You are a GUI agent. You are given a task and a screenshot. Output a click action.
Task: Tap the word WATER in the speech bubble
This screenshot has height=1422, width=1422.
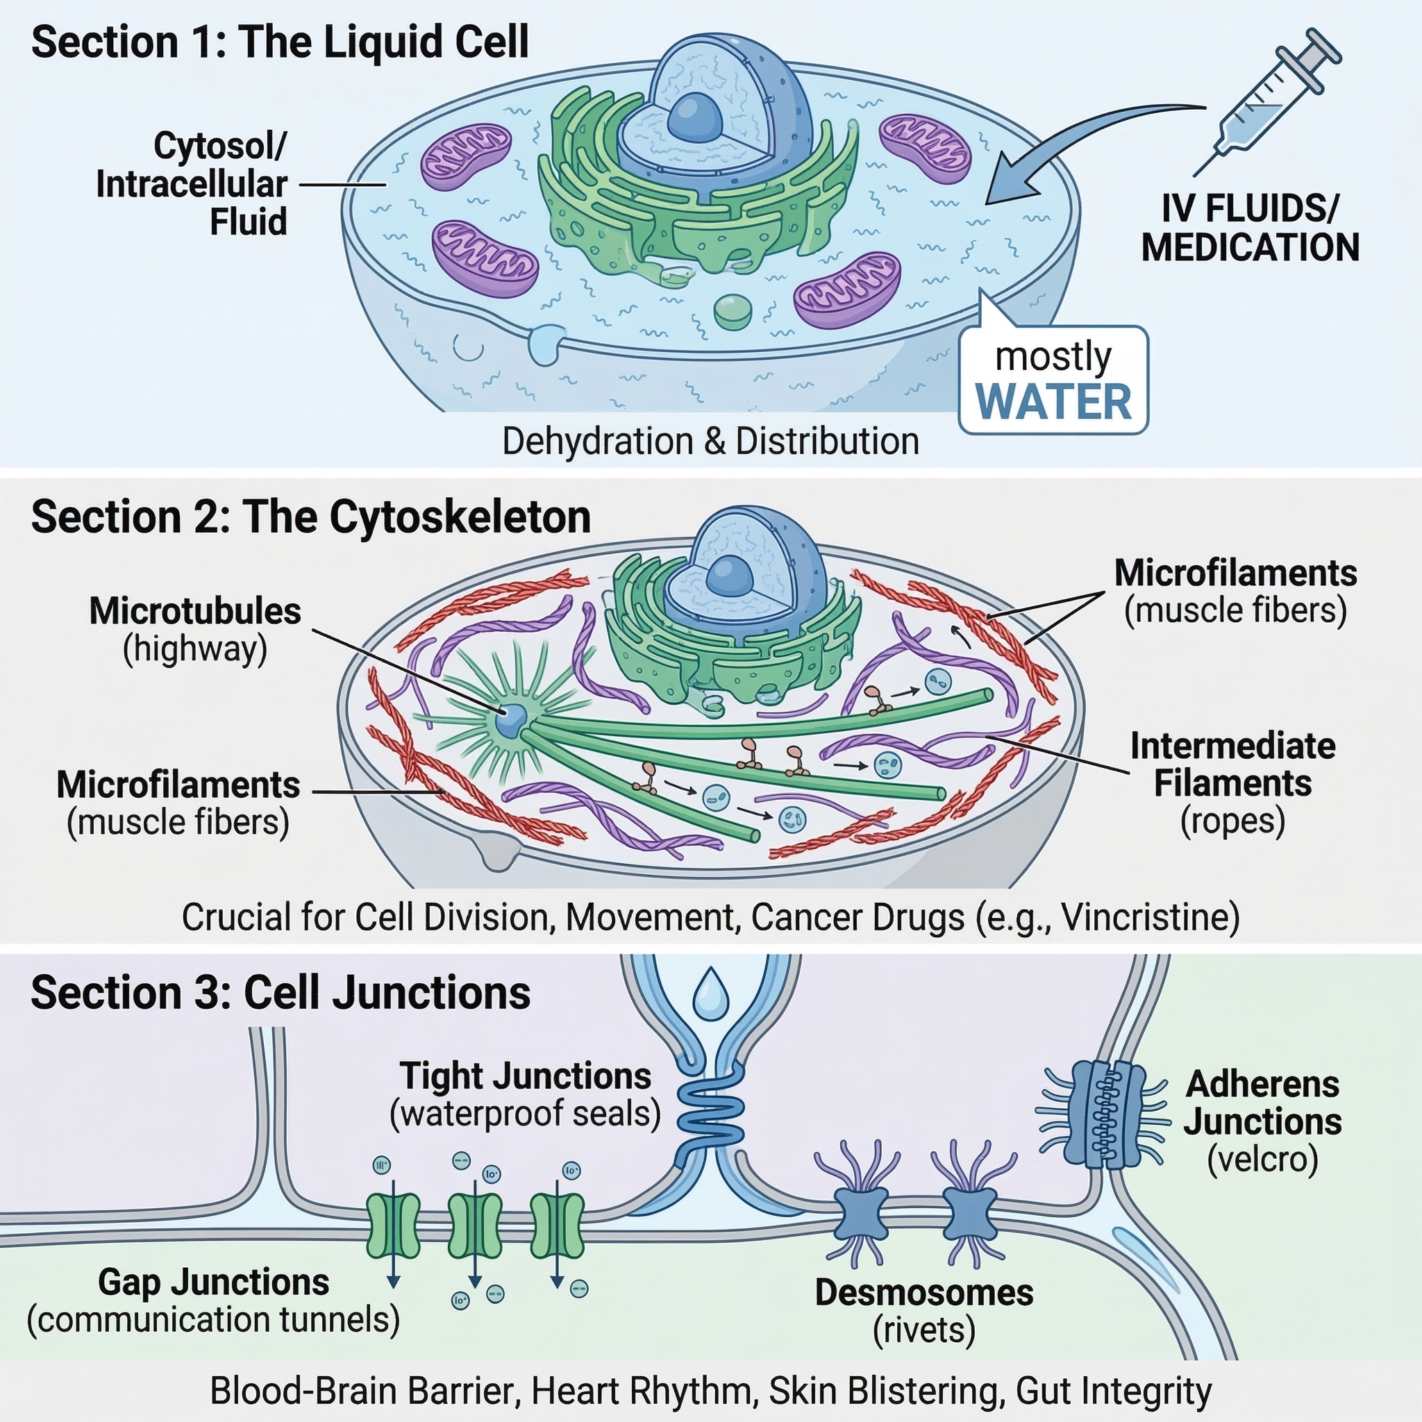click(1053, 403)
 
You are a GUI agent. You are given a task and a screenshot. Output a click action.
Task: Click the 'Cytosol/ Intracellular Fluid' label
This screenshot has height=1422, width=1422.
click(192, 184)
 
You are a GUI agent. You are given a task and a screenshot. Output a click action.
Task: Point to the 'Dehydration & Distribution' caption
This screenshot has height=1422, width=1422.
click(710, 442)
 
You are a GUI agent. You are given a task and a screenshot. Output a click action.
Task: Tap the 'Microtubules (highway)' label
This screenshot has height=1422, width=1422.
click(195, 630)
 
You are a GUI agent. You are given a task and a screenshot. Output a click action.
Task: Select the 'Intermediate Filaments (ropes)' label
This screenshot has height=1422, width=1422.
click(1232, 783)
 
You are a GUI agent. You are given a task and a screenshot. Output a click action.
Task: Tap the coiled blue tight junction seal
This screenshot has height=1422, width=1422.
click(710, 1116)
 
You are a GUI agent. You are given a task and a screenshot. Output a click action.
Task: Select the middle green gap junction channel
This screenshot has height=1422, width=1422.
click(475, 1226)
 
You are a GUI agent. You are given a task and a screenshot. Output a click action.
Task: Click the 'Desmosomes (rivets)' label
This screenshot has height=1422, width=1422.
click(923, 1310)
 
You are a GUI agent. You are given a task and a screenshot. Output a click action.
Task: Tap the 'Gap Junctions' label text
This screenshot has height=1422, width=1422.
click(213, 1282)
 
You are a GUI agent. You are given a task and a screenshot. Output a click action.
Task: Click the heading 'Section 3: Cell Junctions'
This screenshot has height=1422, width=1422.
click(281, 993)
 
